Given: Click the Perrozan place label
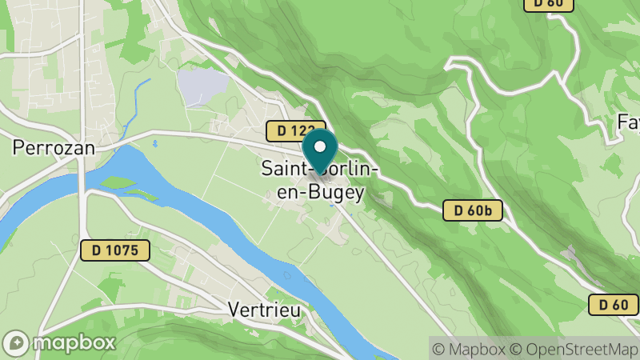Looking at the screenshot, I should click(54, 147).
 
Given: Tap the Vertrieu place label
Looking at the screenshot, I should click(263, 308).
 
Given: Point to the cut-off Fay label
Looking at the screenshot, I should click(628, 123).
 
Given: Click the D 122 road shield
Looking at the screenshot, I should click(295, 130).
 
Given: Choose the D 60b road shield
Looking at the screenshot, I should click(472, 210).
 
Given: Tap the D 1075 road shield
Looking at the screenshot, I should click(114, 250).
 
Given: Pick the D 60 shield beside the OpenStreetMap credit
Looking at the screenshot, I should click(614, 304).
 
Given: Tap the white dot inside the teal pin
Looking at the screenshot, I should click(320, 146).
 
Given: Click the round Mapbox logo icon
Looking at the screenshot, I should click(17, 342).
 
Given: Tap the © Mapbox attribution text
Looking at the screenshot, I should click(468, 349).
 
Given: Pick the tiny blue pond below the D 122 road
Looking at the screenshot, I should click(154, 144).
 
